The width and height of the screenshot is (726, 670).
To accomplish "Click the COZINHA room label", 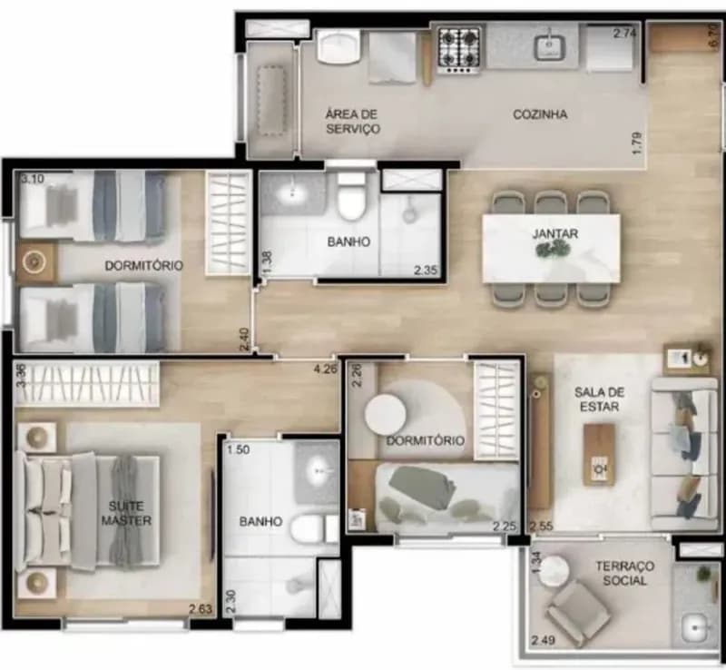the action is (x=540, y=114).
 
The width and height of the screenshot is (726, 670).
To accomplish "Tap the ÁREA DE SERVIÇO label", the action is (x=352, y=122).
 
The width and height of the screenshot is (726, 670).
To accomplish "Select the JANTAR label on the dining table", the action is (x=555, y=234).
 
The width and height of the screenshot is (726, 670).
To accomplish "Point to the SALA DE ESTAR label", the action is (x=599, y=399).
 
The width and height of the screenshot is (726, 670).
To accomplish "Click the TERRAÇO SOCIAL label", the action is (x=624, y=573).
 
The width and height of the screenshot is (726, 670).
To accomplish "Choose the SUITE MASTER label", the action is (x=126, y=513).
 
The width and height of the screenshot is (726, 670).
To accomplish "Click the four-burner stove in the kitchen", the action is (x=459, y=50).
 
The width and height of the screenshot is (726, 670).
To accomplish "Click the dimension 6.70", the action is (x=713, y=35).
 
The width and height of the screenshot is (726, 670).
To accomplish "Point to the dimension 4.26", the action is (x=326, y=369).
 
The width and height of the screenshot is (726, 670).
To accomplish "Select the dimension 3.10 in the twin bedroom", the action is (x=33, y=178).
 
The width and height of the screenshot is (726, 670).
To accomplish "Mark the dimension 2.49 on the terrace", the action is (x=543, y=641).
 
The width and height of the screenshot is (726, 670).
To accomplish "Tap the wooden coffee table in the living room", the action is (x=599, y=455).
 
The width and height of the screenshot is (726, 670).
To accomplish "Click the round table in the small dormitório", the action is (x=385, y=414).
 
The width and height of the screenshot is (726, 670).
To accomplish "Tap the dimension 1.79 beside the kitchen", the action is (x=638, y=143).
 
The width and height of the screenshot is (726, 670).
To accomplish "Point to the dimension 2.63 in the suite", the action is (x=200, y=609).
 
